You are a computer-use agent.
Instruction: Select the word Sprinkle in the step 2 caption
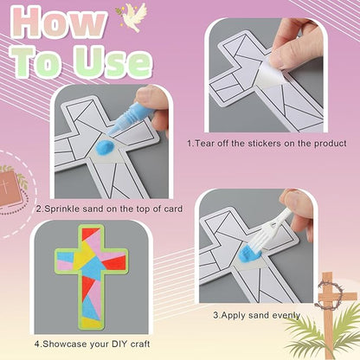65,209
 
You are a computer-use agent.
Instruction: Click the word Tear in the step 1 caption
205,143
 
